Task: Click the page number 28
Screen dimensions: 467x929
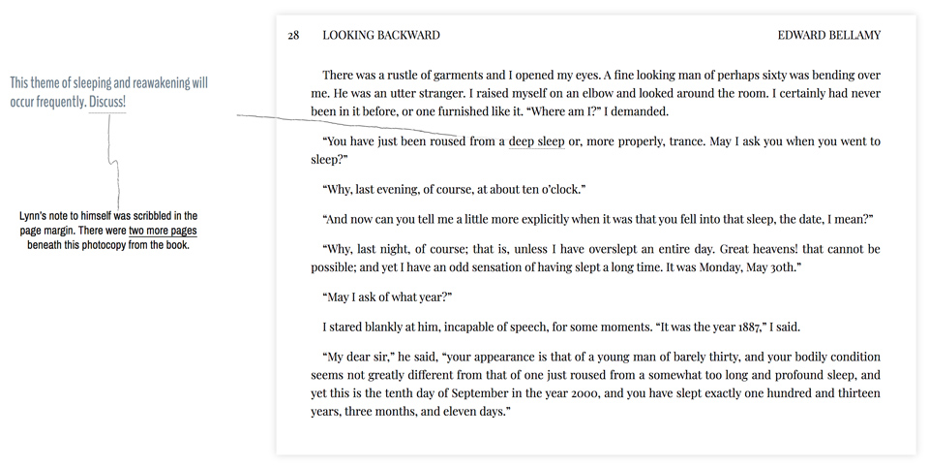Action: point(292,36)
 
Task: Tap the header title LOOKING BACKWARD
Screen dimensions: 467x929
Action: point(381,36)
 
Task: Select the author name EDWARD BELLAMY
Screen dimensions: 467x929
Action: point(829,36)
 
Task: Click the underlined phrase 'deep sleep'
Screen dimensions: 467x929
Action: point(536,141)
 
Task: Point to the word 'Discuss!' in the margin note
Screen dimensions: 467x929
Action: point(106,102)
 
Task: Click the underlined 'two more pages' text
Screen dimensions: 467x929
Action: point(163,231)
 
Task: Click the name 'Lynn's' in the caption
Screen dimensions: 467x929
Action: point(36,216)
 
